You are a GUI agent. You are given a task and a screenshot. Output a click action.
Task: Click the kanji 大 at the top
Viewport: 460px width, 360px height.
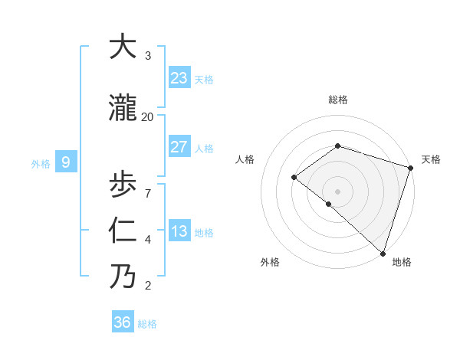pos(123,47)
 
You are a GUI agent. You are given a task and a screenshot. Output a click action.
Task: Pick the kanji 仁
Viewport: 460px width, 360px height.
pos(123,231)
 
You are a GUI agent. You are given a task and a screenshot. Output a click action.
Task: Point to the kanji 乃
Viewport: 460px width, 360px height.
pos(123,277)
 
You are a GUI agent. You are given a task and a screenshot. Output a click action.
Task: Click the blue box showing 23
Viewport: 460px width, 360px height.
pos(179,77)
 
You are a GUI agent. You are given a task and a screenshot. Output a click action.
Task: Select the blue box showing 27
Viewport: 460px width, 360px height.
pos(179,146)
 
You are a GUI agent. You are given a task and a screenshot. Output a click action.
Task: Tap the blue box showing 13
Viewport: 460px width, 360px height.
pos(179,231)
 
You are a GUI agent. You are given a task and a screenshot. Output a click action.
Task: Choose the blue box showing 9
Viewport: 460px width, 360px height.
pos(66,162)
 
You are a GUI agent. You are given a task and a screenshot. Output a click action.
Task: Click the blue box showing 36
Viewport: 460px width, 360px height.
pos(123,322)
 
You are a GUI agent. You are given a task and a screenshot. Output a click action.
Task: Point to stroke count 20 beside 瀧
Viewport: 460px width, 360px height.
pos(147,116)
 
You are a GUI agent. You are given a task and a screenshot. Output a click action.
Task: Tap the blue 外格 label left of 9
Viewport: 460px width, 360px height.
pos(40,162)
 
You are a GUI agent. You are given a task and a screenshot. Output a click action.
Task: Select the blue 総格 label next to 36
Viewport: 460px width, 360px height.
pos(147,324)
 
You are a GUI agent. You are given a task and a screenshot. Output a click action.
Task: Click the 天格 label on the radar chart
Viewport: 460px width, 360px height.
pos(432,159)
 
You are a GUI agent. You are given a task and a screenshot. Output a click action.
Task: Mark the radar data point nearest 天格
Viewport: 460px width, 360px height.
pos(410,168)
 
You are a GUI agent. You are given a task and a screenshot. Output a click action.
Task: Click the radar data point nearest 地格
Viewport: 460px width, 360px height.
pos(383,253)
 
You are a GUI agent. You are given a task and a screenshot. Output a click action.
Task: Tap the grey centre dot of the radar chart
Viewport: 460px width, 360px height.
pos(337,191)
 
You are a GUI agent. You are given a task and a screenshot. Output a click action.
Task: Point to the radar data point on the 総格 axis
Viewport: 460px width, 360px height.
pos(337,146)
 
